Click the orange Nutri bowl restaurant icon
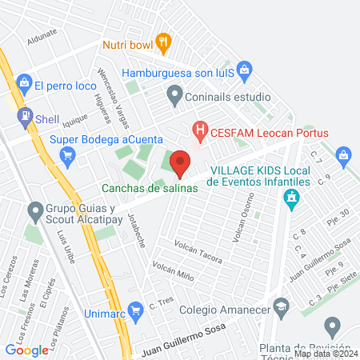tap(164, 42)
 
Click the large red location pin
tap(180, 163)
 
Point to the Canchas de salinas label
tap(150, 189)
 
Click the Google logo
tap(26, 350)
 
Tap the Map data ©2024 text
tap(326, 354)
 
